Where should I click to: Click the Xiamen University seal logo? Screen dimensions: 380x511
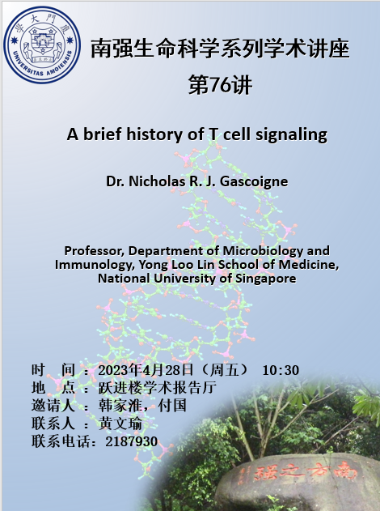tap(42, 45)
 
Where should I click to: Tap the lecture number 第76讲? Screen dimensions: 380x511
tap(220, 85)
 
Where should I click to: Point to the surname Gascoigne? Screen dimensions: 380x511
tap(254, 181)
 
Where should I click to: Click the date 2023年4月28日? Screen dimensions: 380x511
tap(146, 370)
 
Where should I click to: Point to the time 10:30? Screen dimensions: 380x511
tap(281, 370)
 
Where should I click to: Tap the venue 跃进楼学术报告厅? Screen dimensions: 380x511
tap(158, 387)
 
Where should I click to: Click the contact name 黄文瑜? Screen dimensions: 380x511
tap(120, 424)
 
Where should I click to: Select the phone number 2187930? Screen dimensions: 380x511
tap(132, 441)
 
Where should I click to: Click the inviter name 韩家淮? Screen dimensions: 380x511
tap(120, 406)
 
